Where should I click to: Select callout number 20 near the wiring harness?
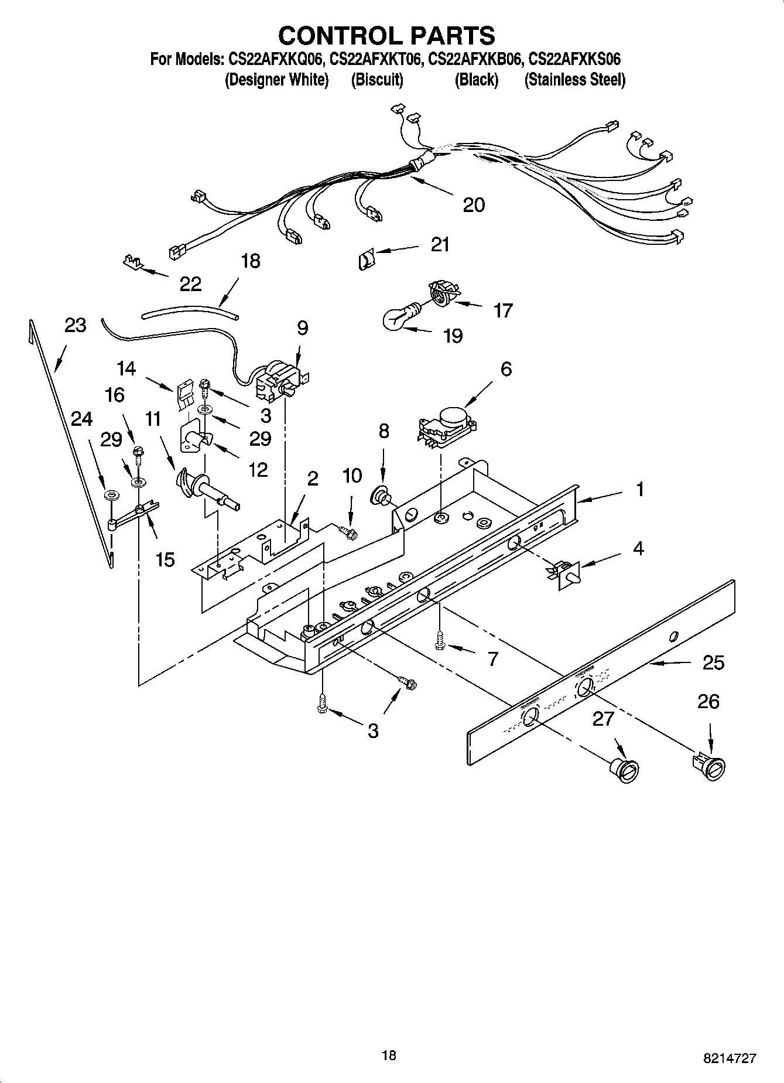473,204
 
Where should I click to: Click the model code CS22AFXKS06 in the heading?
574,59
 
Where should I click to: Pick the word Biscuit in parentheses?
376,80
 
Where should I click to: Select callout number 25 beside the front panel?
713,662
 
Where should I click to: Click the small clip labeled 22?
133,261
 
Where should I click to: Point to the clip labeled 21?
365,258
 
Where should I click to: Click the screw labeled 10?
348,531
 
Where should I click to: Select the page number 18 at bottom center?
388,1055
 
